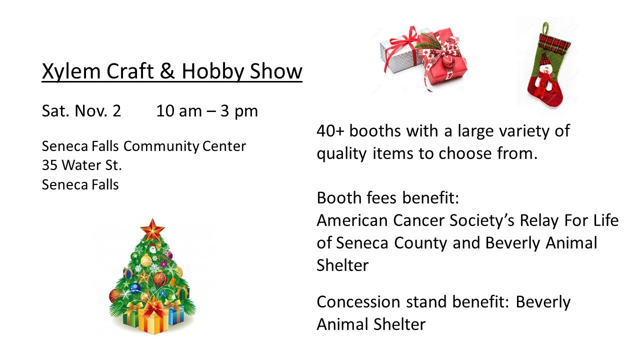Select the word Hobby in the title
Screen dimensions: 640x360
point(213,71)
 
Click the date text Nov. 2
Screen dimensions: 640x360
point(97,111)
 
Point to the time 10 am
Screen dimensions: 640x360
point(179,111)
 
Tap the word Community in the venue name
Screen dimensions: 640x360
point(161,146)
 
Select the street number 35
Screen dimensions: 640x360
point(49,165)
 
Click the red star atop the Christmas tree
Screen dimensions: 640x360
point(152,229)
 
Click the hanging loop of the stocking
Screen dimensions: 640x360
point(545,28)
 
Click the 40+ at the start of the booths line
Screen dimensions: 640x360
point(330,131)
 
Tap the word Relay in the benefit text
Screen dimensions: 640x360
point(539,221)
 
